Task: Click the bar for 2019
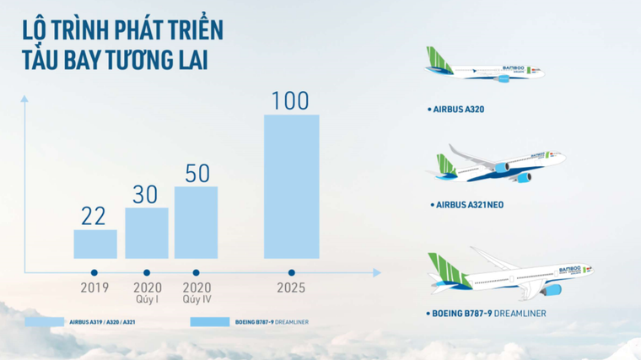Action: click(95, 244)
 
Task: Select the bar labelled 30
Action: click(147, 233)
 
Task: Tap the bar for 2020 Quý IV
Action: click(196, 223)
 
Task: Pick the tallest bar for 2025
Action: click(291, 186)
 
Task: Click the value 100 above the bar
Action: click(291, 101)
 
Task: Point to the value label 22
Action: click(94, 217)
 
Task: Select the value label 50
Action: click(197, 173)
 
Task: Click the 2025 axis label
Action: click(291, 288)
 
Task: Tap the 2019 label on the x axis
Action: click(94, 287)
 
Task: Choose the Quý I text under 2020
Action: click(148, 298)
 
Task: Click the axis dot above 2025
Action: click(291, 272)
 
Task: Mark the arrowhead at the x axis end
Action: click(376, 272)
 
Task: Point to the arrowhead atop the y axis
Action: click(24, 99)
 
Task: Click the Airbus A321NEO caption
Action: click(471, 205)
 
